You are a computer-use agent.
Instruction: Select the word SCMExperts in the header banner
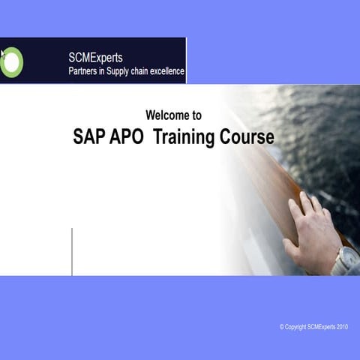(x=96, y=57)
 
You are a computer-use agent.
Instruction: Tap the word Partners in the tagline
(x=87, y=71)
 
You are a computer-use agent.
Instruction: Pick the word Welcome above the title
(x=166, y=115)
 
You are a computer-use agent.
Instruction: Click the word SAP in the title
(x=91, y=137)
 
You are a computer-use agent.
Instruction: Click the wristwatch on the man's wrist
(x=346, y=259)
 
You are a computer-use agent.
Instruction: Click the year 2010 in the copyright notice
(x=341, y=327)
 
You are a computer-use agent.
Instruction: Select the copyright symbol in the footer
(x=282, y=327)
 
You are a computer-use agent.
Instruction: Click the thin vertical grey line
(x=72, y=251)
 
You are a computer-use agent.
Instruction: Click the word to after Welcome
(x=196, y=115)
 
